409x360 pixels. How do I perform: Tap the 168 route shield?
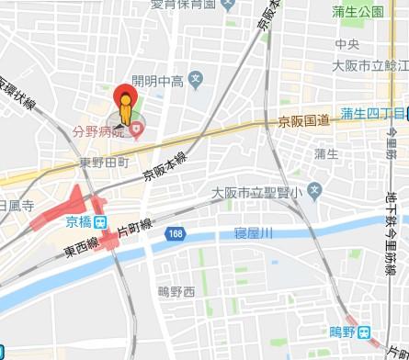175,235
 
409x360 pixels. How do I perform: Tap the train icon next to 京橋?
100,221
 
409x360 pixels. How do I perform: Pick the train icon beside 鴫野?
364,332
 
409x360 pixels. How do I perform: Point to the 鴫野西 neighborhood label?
176,291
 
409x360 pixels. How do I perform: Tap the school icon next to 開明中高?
195,78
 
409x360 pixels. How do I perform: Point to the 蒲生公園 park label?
358,12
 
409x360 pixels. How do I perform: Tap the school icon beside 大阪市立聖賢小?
314,192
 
